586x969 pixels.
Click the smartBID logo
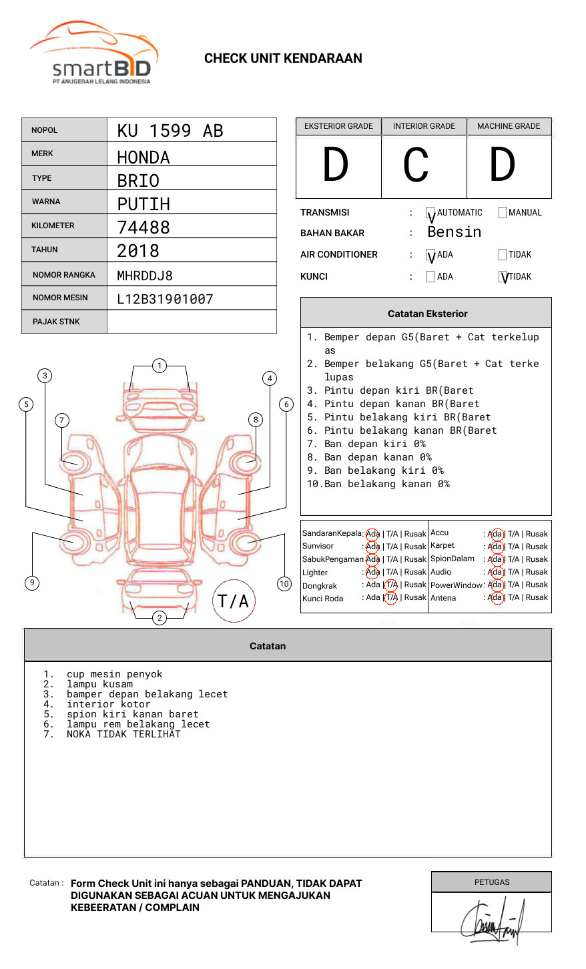[x=93, y=53]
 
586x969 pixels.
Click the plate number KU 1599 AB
[x=170, y=131]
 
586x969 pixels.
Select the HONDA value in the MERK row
[x=143, y=157]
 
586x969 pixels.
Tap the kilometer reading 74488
[x=143, y=228]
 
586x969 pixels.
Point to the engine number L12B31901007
[x=165, y=299]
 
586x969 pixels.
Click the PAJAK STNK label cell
[x=56, y=322]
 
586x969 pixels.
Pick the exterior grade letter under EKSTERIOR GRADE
[x=336, y=166]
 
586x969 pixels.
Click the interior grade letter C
[x=416, y=166]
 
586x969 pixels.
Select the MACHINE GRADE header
[x=509, y=126]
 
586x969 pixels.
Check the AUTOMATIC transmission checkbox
[x=431, y=213]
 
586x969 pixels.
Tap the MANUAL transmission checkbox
[x=503, y=213]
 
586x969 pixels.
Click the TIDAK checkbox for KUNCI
[x=503, y=277]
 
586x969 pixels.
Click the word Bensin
[x=454, y=232]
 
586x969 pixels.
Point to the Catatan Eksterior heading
[x=427, y=314]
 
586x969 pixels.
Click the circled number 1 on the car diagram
[x=160, y=366]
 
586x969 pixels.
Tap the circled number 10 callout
[x=284, y=584]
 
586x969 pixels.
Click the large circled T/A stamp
[x=233, y=601]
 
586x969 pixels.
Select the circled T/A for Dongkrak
[x=392, y=585]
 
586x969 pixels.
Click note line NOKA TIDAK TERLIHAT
[x=123, y=734]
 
